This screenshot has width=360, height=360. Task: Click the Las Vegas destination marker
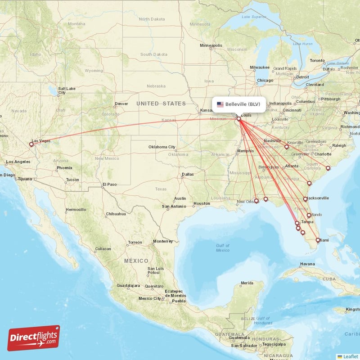click(31, 144)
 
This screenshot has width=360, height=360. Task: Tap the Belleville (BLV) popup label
click(243, 104)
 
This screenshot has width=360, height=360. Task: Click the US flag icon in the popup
click(220, 104)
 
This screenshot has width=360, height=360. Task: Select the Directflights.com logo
click(33, 338)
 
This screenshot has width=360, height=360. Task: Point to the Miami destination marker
click(317, 240)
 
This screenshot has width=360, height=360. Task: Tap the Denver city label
click(121, 103)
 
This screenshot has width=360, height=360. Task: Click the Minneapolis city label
click(211, 45)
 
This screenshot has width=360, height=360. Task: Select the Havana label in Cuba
click(307, 264)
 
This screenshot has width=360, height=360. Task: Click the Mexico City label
click(150, 298)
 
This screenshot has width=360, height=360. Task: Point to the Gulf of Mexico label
click(222, 247)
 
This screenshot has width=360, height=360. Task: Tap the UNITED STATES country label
click(161, 103)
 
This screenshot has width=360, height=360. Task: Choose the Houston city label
click(201, 203)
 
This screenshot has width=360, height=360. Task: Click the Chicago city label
click(265, 81)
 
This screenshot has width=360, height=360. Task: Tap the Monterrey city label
click(163, 241)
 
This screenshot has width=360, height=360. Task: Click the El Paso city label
click(109, 184)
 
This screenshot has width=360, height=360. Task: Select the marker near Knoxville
click(287, 147)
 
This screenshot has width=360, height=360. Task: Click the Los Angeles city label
click(18, 162)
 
